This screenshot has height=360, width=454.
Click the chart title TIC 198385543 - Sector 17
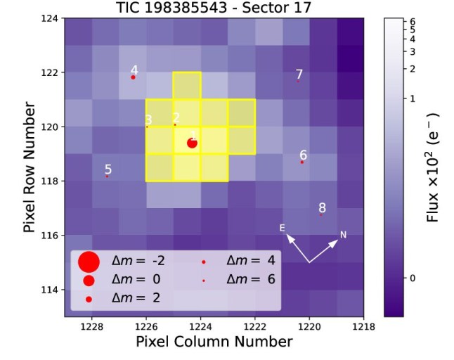[214, 8]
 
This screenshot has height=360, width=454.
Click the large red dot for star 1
[192, 143]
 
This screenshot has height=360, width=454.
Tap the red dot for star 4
[133, 77]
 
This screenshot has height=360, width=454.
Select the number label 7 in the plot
[299, 74]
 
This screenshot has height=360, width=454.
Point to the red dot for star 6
[302, 162]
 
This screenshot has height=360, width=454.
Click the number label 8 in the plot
[322, 207]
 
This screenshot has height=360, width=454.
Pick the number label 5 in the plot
[108, 169]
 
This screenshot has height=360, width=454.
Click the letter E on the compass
[282, 228]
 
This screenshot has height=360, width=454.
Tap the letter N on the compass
[344, 234]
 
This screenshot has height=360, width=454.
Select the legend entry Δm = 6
[249, 280]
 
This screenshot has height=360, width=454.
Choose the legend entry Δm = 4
[249, 261]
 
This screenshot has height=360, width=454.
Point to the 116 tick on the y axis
[51, 235]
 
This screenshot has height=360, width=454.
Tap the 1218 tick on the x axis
[363, 326]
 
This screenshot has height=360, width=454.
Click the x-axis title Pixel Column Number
[214, 342]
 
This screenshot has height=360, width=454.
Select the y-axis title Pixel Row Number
[30, 167]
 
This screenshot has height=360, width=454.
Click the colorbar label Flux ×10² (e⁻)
[434, 167]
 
